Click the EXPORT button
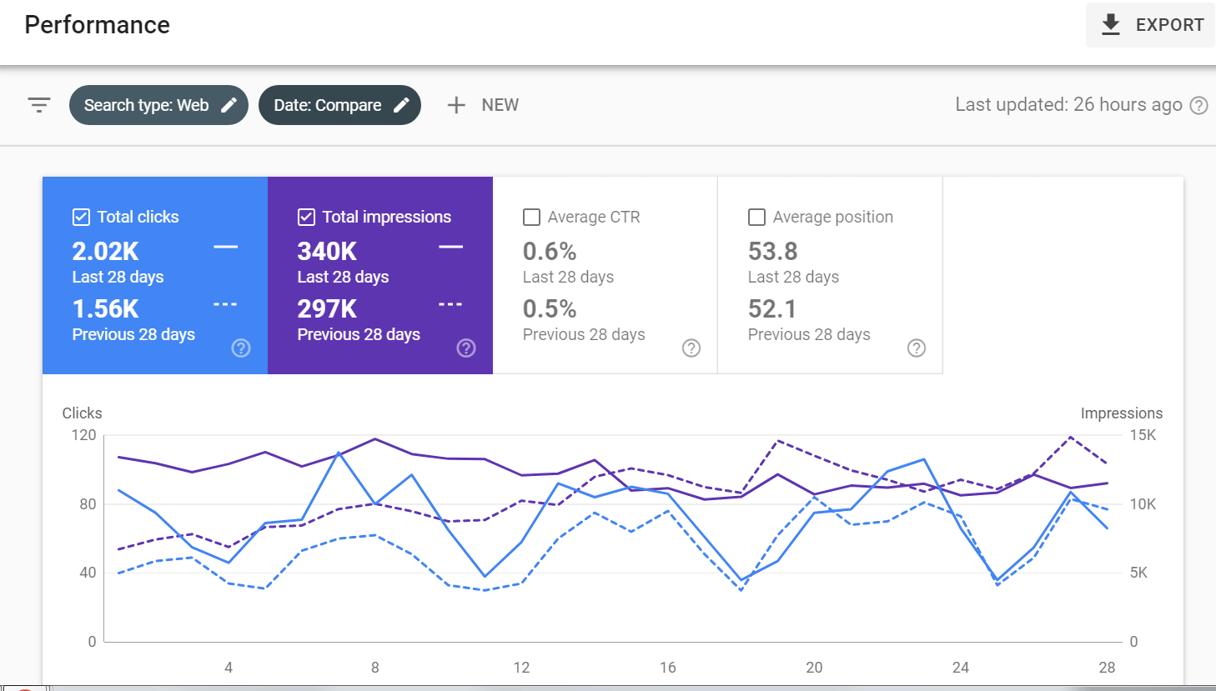coord(1151,25)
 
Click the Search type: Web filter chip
coord(158,105)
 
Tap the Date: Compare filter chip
coord(339,105)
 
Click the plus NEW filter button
coord(483,105)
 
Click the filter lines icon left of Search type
coord(39,105)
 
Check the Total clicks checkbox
coord(81,217)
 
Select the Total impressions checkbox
coord(306,217)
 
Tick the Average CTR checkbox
coord(531,217)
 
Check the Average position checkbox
coord(756,217)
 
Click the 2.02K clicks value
coord(106,251)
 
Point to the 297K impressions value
coord(327,308)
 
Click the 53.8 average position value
coord(772,251)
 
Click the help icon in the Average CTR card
coord(691,348)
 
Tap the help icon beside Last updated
coord(1198,105)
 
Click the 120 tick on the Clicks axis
coord(83,435)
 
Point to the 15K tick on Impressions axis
coord(1143,435)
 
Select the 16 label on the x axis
coord(667,667)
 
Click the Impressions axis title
coord(1121,413)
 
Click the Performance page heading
coord(98,25)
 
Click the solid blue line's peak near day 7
coord(339,453)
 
